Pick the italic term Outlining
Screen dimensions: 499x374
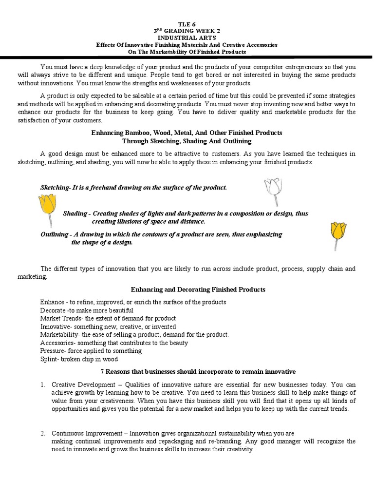pyautogui.click(x=54, y=234)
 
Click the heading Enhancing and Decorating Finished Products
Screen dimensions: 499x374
pyautogui.click(x=198, y=289)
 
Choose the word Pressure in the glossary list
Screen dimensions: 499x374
pyautogui.click(x=52, y=351)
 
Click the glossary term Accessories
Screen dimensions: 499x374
pyautogui.click(x=56, y=343)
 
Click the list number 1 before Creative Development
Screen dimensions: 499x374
pyautogui.click(x=42, y=384)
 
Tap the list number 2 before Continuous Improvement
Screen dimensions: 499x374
pyautogui.click(x=42, y=433)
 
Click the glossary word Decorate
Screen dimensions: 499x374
pyautogui.click(x=52, y=310)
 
